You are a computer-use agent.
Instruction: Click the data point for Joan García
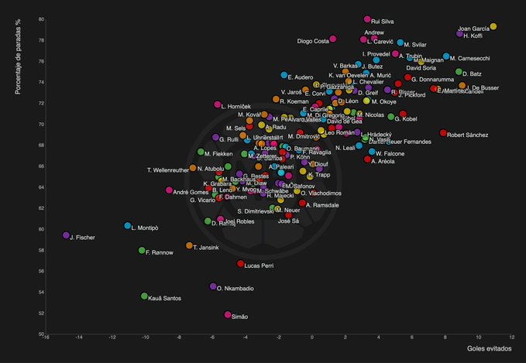(x=493, y=27)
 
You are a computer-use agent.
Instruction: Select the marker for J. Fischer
(x=66, y=235)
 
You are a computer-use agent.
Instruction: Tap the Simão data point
(x=228, y=315)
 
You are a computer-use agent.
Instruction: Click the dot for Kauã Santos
(x=144, y=296)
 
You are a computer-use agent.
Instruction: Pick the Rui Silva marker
(x=367, y=19)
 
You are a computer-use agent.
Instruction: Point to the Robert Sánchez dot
(x=443, y=133)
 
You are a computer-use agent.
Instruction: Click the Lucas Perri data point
(x=240, y=264)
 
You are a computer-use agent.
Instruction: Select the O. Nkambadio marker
(x=213, y=286)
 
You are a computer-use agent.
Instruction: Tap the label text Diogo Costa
(x=313, y=40)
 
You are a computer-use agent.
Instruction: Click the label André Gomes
(x=190, y=191)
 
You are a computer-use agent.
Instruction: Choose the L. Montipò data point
(x=127, y=226)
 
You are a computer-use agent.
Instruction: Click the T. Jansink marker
(x=189, y=245)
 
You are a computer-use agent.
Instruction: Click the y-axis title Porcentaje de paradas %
(x=18, y=59)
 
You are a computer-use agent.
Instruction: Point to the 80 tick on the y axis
(x=40, y=19)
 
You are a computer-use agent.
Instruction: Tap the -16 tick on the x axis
(x=46, y=338)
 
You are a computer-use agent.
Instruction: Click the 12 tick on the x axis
(x=512, y=338)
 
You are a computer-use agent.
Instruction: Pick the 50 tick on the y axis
(x=40, y=334)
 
